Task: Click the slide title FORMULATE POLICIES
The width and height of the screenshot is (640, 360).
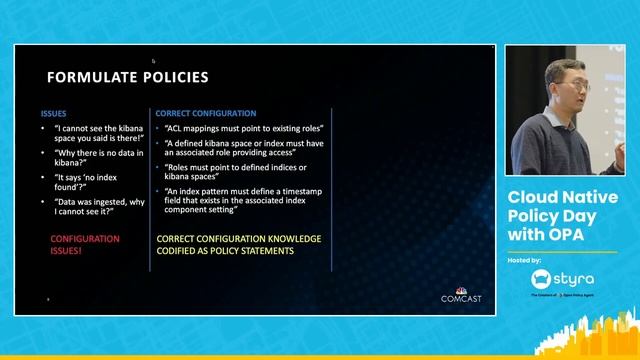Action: pyautogui.click(x=128, y=77)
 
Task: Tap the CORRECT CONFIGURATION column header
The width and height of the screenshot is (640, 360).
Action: pyautogui.click(x=206, y=114)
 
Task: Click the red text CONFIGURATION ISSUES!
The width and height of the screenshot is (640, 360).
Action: pyautogui.click(x=85, y=245)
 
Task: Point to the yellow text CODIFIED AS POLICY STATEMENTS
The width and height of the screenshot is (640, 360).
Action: pyautogui.click(x=225, y=251)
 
